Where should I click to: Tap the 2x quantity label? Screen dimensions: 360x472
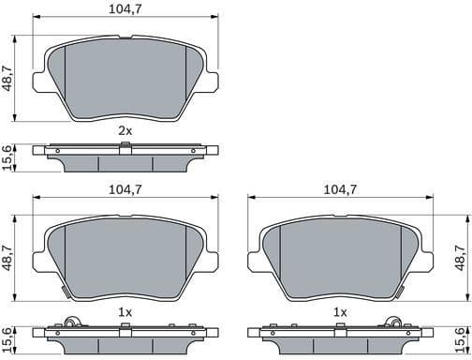click(x=125, y=130)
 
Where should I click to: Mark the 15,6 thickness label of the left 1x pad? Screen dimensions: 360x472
click(x=8, y=338)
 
